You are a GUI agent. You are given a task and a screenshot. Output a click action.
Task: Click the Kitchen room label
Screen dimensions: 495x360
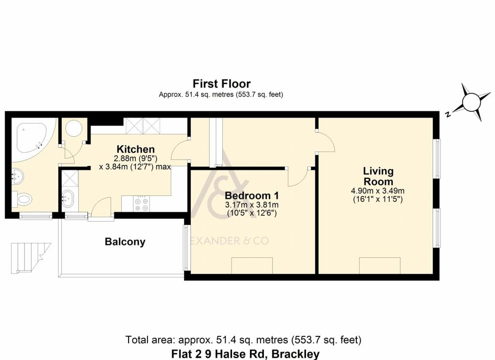(135, 149)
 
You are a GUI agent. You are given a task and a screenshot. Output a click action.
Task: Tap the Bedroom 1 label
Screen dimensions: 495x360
(251, 195)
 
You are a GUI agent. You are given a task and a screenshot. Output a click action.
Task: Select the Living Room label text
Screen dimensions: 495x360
(378, 176)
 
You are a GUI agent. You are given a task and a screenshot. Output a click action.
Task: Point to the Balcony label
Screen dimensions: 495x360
(125, 242)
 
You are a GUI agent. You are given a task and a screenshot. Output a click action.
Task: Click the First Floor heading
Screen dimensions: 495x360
(221, 84)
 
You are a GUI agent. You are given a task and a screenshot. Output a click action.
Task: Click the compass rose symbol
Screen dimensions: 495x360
(471, 102)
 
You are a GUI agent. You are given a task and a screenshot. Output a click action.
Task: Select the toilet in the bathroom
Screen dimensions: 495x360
(22, 199)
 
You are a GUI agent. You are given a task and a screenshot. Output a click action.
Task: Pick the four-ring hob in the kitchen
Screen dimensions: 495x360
(141, 204)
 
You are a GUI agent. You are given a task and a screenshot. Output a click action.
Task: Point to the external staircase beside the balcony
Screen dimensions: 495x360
(30, 257)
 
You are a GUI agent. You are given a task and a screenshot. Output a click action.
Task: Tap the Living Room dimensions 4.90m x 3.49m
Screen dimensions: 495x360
(378, 195)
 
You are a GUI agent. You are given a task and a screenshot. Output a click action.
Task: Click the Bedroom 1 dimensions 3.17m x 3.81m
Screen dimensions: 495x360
(251, 209)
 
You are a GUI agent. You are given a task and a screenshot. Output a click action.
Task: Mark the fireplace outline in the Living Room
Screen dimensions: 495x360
(380, 266)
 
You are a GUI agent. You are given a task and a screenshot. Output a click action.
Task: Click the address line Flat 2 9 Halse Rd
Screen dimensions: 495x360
(245, 354)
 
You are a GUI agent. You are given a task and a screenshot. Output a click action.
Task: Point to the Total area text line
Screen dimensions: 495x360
(244, 340)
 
